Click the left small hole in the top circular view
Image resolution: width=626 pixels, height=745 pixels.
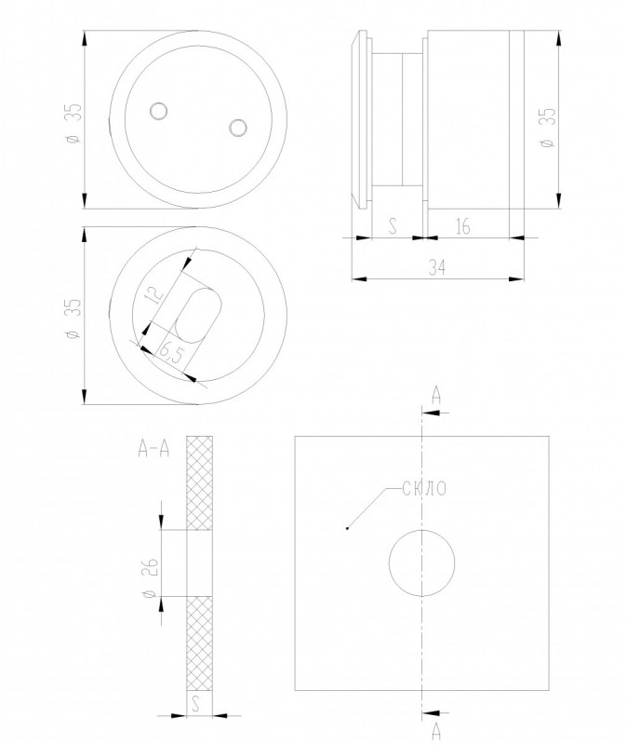click(x=158, y=111)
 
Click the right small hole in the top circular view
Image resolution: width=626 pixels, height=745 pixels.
click(x=237, y=128)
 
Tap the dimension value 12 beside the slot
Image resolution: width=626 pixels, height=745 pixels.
click(x=153, y=295)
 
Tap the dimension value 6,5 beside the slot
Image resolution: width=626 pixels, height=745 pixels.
click(x=171, y=353)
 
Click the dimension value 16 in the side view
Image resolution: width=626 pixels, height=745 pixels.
click(x=462, y=226)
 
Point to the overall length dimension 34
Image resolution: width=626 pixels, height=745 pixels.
click(x=437, y=268)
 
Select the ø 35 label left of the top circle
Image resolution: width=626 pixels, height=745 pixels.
click(x=75, y=123)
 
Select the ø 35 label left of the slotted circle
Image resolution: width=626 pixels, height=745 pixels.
click(x=75, y=318)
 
